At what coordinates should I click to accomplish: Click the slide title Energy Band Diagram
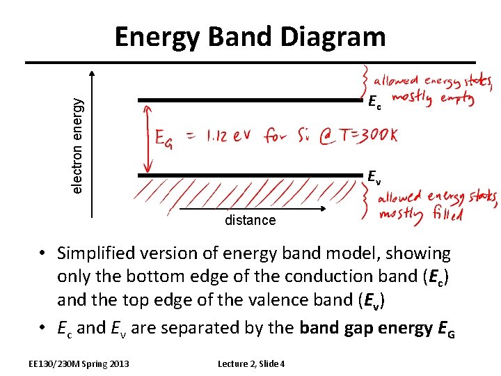(250, 36)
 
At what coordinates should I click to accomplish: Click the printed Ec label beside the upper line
(374, 104)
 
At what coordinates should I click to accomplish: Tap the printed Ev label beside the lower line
(374, 177)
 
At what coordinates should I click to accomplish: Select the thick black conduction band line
(250, 100)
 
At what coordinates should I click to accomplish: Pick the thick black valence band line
(250, 175)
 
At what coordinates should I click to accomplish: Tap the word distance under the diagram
(250, 221)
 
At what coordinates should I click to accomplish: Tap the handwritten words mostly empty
(433, 99)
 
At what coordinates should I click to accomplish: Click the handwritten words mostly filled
(420, 214)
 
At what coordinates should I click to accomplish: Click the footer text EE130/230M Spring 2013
(79, 363)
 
